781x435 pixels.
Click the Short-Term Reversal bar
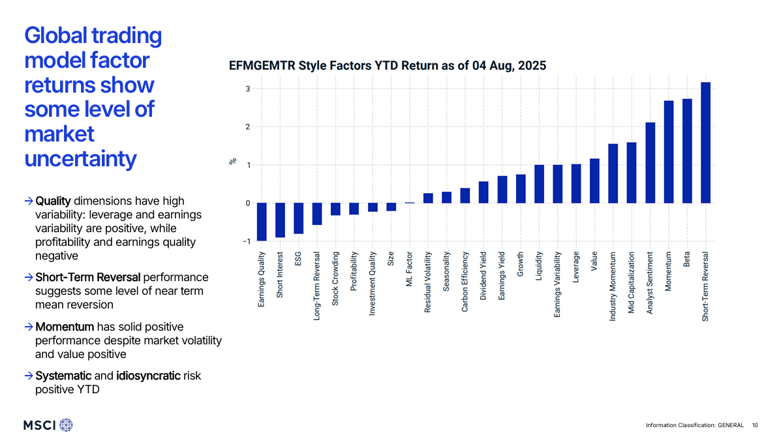(x=705, y=142)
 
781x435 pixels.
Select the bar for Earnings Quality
(x=262, y=222)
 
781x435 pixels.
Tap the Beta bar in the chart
(x=687, y=151)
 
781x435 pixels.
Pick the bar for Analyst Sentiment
(x=650, y=163)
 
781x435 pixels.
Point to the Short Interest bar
(x=280, y=220)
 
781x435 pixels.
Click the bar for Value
(x=594, y=181)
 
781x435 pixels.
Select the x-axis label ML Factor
(x=410, y=269)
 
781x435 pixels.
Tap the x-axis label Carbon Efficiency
(x=465, y=282)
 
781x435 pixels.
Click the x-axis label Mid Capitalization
(x=631, y=282)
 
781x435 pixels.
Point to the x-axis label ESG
(x=298, y=258)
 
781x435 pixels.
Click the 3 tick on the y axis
(x=247, y=89)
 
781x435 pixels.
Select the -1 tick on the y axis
(x=246, y=241)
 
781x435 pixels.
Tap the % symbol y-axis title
(x=233, y=161)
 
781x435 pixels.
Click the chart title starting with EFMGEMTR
(x=388, y=66)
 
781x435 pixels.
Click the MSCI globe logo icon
(x=67, y=425)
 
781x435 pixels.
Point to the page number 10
(x=755, y=425)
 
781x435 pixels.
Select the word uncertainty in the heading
(x=80, y=158)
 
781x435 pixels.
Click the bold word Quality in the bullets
(x=53, y=201)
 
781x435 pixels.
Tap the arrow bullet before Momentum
(x=29, y=327)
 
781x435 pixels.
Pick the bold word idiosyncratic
(x=148, y=376)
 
